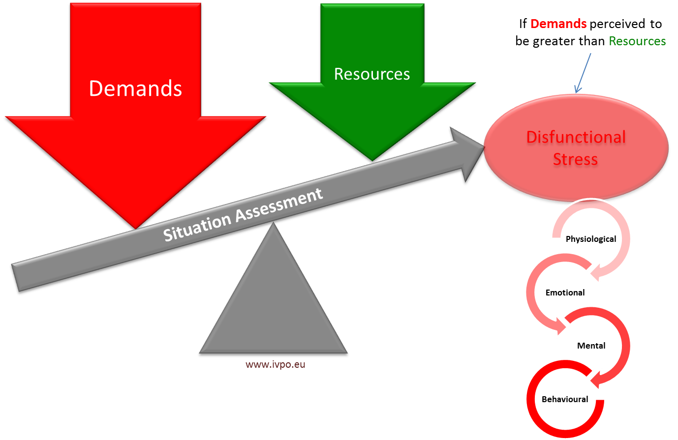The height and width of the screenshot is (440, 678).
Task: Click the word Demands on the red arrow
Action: click(x=135, y=88)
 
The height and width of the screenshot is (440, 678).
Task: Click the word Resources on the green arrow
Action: click(x=372, y=74)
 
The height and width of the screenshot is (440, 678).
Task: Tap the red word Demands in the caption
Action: click(x=558, y=24)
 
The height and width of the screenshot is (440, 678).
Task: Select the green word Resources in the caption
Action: click(x=637, y=41)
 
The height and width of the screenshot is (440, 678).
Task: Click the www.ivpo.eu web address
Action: click(x=276, y=365)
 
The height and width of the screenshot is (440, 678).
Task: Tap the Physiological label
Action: click(x=590, y=239)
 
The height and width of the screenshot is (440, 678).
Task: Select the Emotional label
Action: click(x=565, y=293)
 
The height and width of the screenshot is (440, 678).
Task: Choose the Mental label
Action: click(x=591, y=346)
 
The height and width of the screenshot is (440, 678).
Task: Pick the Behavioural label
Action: click(x=565, y=399)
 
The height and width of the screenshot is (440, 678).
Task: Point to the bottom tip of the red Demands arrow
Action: click(x=134, y=228)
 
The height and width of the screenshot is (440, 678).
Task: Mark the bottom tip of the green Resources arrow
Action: click(x=372, y=160)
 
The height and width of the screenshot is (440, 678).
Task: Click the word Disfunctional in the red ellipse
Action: click(x=576, y=138)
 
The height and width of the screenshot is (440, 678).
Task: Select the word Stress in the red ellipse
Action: click(x=575, y=160)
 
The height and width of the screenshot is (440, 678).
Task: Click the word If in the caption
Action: click(x=523, y=24)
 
